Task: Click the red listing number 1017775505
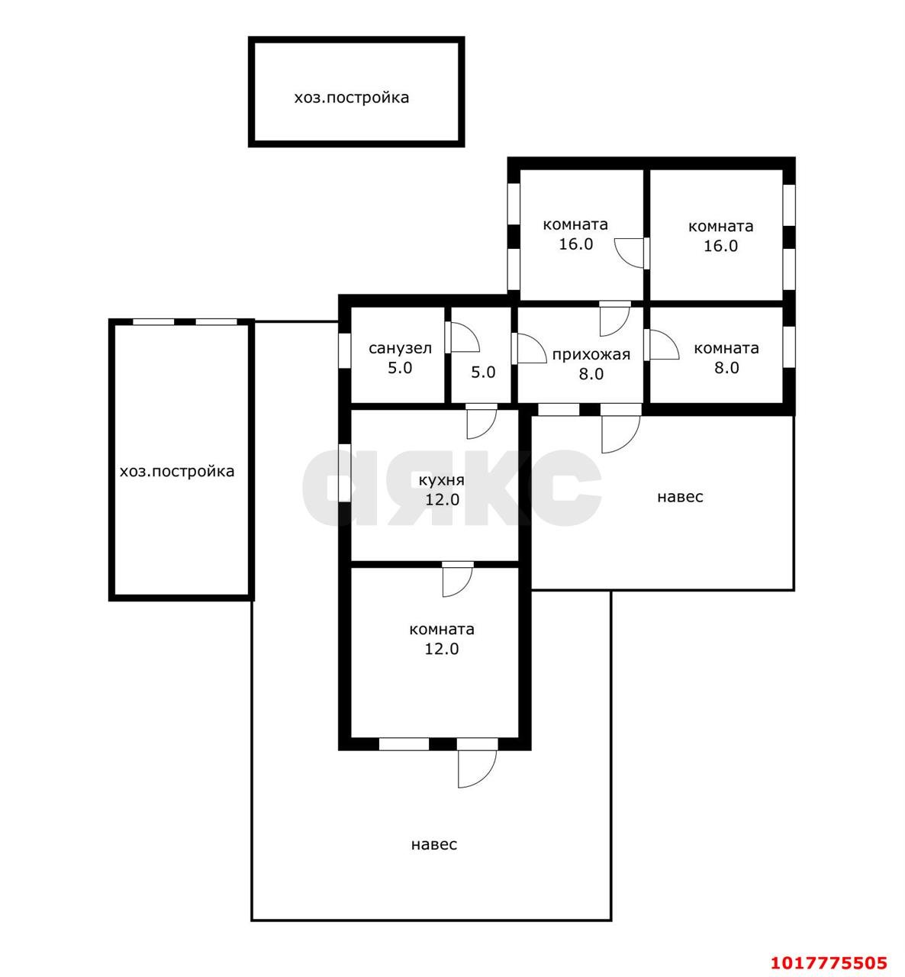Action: (x=829, y=962)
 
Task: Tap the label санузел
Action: (x=400, y=348)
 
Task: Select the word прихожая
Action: (x=591, y=355)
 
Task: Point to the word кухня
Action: (x=442, y=480)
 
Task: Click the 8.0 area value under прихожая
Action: (x=591, y=374)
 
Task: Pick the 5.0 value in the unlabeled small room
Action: (x=483, y=372)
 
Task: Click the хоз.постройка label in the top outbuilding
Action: (x=352, y=98)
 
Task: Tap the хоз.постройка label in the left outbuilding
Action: (x=177, y=471)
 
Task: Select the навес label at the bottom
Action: (x=434, y=844)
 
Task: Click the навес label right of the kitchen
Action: (x=680, y=497)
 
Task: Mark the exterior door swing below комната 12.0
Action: (x=477, y=769)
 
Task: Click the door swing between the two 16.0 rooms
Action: (x=629, y=253)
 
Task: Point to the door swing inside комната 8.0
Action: (x=665, y=345)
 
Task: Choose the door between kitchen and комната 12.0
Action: (x=458, y=582)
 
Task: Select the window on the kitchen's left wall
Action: (x=344, y=473)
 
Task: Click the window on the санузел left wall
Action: (x=344, y=351)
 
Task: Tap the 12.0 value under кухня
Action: (x=442, y=500)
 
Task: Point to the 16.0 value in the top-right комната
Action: (x=720, y=246)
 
